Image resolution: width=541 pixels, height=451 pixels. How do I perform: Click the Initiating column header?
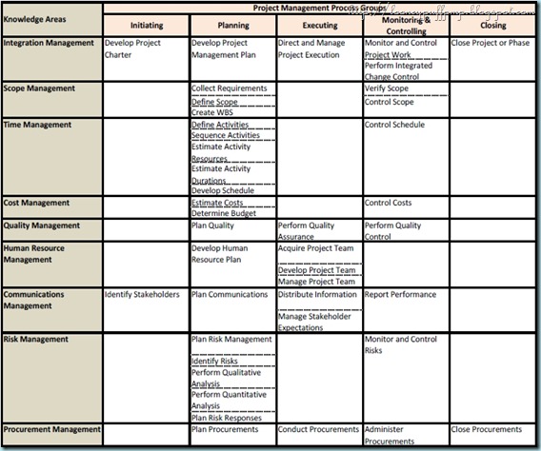tap(146, 27)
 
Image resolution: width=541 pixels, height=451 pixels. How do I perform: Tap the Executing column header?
tap(318, 27)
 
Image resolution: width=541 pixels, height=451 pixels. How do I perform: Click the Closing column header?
tap(492, 26)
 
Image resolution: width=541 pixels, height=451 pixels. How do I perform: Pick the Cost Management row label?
tap(36, 203)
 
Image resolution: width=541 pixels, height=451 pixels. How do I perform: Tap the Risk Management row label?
tap(36, 339)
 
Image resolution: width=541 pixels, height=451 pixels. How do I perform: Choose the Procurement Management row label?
tap(50, 429)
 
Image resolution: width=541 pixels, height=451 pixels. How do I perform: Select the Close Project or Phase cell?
tap(490, 44)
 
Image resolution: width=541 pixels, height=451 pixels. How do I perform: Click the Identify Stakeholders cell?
tap(142, 294)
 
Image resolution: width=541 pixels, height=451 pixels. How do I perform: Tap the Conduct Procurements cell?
tap(318, 429)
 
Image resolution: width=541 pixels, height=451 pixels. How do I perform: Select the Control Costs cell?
tap(389, 203)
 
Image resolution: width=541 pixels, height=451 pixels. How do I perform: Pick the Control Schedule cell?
tap(395, 125)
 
